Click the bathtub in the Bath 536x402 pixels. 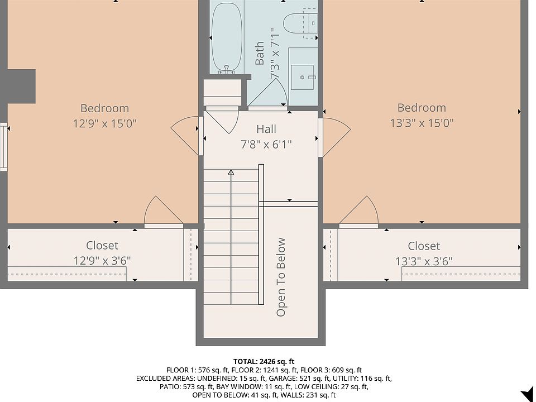point(227,39)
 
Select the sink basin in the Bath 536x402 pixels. point(302,77)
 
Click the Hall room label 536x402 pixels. point(266,129)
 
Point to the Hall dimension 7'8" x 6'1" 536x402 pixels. point(266,145)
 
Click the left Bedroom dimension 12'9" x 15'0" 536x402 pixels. point(104,123)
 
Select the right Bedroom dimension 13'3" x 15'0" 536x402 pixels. point(422,123)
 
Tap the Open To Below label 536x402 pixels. point(281,277)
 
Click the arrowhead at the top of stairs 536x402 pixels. point(231,173)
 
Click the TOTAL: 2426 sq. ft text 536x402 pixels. point(264,362)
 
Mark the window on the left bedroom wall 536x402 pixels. point(4,147)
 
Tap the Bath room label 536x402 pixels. point(260,54)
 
